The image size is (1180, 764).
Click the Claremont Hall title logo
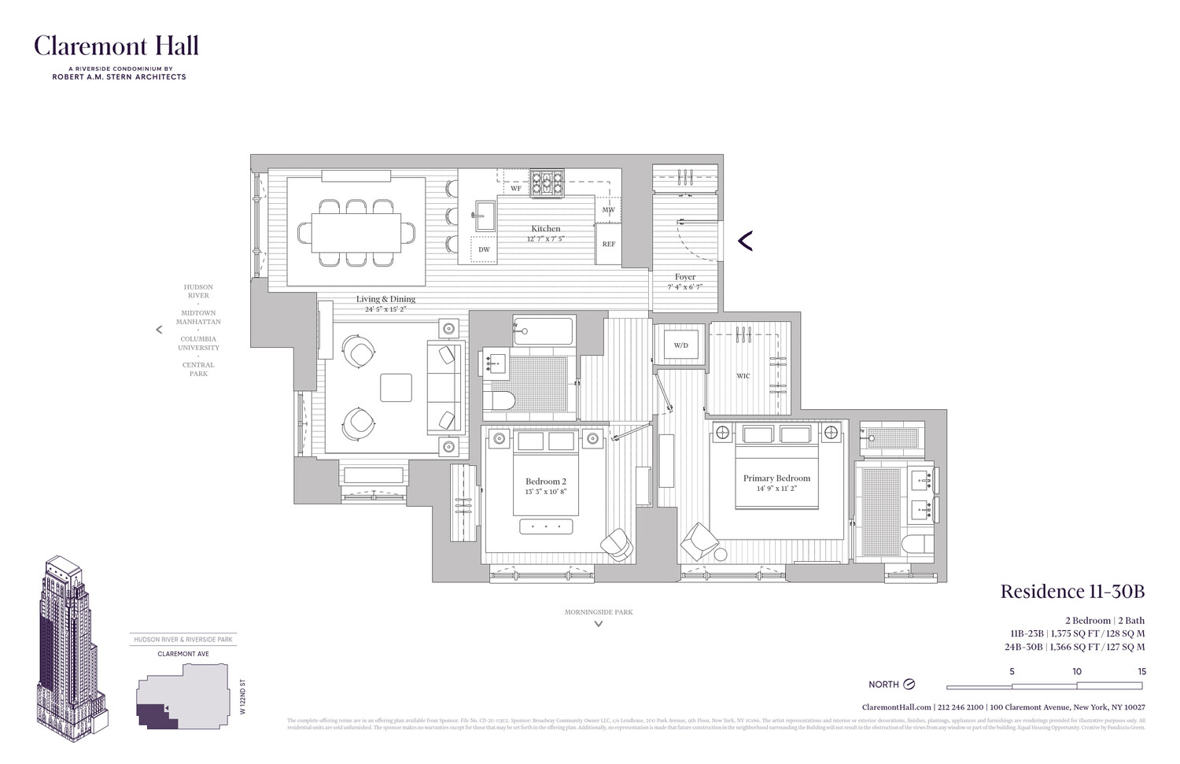pos(116,46)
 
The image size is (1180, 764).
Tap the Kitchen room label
pos(545,229)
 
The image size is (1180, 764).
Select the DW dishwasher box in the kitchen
pos(484,249)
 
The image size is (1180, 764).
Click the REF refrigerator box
pos(609,244)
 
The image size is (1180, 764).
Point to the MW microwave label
pos(608,210)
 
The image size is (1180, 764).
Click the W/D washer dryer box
pos(680,345)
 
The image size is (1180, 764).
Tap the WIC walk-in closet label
pos(743,376)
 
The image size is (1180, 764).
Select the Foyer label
pos(684,277)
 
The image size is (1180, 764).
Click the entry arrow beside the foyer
pos(745,241)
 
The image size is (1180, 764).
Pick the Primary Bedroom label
pos(776,478)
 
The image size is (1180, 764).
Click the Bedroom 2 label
pos(545,482)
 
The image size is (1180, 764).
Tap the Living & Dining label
pos(385,299)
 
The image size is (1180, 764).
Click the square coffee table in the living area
pos(395,388)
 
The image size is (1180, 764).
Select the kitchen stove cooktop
pos(546,183)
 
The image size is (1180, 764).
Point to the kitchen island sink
pos(483,213)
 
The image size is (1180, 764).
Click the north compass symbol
pos(909,685)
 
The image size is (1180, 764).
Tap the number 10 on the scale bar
pos(1076,671)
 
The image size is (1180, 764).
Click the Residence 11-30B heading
pos(1071,592)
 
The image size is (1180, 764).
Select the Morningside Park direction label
pos(598,612)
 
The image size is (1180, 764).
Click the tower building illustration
pos(71,641)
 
